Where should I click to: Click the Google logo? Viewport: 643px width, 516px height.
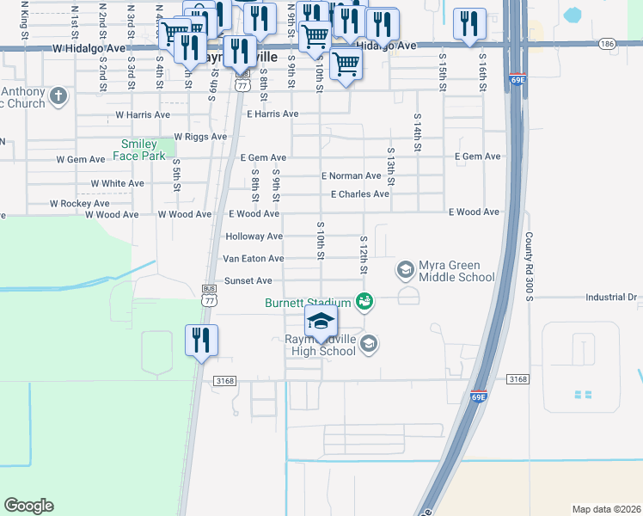[28, 506]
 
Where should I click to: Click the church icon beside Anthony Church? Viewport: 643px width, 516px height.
[58, 95]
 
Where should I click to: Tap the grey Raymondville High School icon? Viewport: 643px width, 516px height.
[369, 344]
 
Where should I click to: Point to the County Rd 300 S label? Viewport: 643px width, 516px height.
[530, 267]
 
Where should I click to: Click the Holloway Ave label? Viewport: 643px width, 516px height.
[254, 236]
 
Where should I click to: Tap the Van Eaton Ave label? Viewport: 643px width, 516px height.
[253, 258]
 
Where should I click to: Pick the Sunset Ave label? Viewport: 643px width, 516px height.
[248, 280]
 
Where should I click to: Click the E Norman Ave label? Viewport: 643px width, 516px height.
[351, 175]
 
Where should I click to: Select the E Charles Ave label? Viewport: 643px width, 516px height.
[360, 193]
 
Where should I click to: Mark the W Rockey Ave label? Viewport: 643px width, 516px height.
[79, 204]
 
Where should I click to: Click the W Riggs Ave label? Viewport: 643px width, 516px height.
[200, 136]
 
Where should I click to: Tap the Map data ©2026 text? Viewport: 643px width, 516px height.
[606, 508]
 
